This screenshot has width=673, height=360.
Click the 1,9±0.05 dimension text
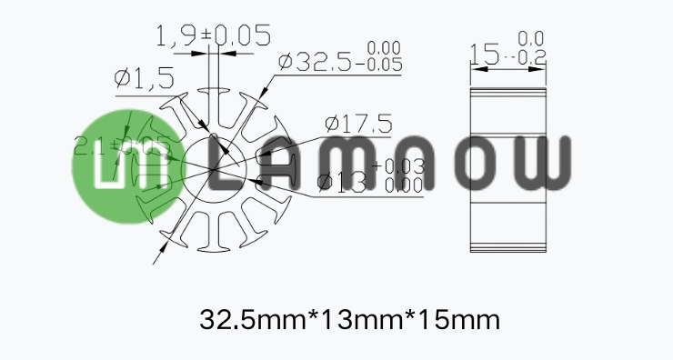pos(215,37)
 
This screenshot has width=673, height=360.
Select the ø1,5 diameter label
pos(145,79)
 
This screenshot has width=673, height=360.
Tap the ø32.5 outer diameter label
pos(318,63)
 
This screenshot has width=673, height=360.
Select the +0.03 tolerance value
pos(398,166)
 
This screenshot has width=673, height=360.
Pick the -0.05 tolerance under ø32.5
pos(382,65)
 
